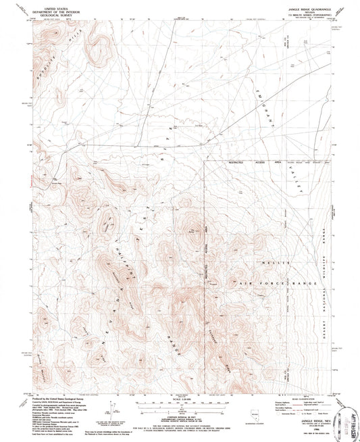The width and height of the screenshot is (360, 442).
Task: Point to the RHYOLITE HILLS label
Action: (x=51, y=68)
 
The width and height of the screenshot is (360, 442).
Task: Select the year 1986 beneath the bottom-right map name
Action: (x=298, y=410)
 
